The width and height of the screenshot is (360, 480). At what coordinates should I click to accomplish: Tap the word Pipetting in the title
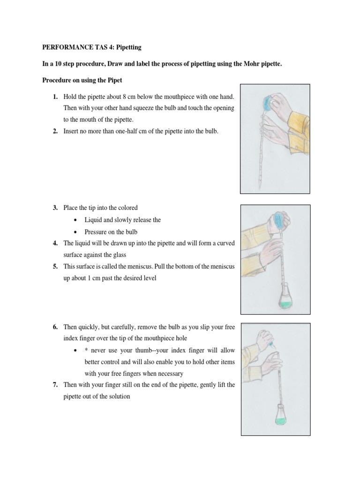click(x=128, y=47)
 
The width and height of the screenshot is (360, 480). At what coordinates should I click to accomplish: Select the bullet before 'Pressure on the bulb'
click(x=75, y=232)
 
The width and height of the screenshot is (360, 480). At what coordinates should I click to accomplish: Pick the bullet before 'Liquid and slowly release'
click(x=75, y=220)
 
